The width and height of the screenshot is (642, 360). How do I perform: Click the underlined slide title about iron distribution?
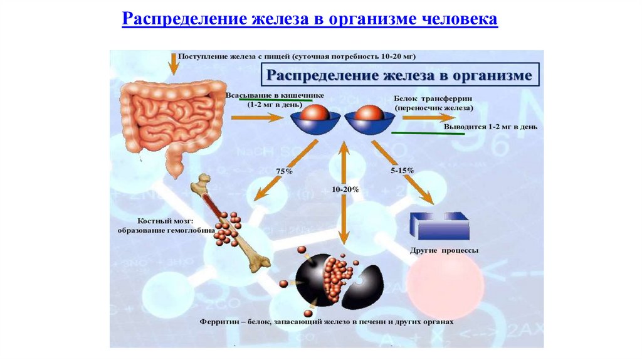[310, 19]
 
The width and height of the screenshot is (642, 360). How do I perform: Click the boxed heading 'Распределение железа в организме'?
[399, 77]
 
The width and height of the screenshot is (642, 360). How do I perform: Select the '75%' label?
[285, 171]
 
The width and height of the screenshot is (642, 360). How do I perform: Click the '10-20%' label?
[345, 189]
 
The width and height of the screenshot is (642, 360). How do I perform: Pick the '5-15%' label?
[401, 171]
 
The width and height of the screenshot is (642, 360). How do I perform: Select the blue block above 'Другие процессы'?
[439, 225]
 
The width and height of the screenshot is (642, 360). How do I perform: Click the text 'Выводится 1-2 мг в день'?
[490, 127]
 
